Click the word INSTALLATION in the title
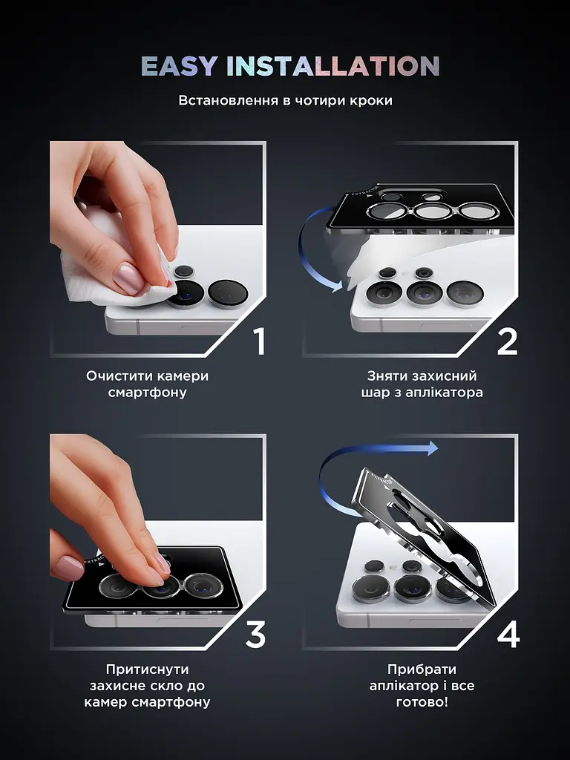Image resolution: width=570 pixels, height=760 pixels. click(333, 66)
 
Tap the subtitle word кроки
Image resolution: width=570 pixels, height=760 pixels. click(371, 101)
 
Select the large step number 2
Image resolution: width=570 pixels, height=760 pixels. click(508, 341)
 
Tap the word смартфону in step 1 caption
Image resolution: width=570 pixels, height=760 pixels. click(148, 393)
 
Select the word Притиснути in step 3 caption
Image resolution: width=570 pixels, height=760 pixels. click(148, 669)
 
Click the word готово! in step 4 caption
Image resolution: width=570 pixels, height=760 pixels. click(422, 702)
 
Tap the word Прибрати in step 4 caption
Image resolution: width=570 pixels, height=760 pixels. click(422, 669)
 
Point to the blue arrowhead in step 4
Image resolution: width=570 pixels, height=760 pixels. click(432, 448)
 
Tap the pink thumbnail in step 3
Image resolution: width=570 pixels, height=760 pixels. click(68, 568)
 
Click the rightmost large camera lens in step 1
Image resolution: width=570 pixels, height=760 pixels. click(228, 294)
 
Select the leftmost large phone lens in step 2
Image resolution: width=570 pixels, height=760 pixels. click(384, 293)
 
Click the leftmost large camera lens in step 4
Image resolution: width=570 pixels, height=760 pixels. click(371, 588)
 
